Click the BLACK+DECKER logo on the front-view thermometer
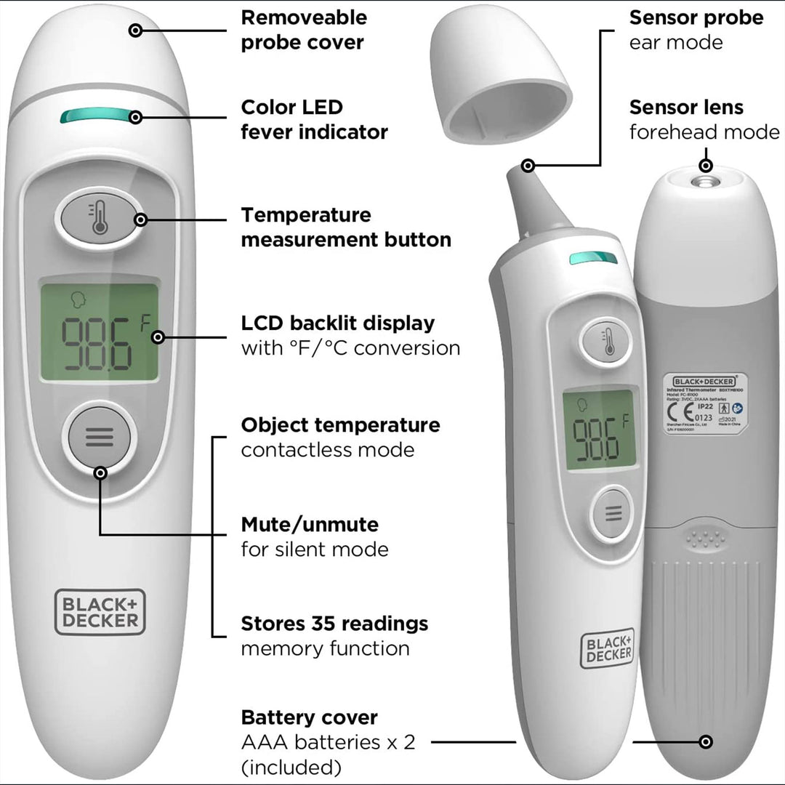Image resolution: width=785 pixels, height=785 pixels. click(100, 611)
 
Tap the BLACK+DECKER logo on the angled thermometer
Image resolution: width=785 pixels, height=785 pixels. click(608, 648)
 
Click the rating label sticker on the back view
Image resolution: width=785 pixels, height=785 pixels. click(705, 404)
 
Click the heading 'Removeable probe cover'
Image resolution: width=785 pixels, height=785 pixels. click(304, 30)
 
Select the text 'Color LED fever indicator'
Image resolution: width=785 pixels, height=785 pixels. click(314, 120)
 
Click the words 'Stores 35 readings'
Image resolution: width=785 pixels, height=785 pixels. click(334, 624)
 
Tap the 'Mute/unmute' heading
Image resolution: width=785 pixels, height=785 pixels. click(310, 524)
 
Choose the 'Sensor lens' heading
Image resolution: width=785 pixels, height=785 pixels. click(686, 108)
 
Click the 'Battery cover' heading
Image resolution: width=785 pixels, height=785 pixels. click(309, 717)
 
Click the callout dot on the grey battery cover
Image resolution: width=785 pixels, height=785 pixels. click(705, 742)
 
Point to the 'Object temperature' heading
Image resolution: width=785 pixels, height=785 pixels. click(340, 424)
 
